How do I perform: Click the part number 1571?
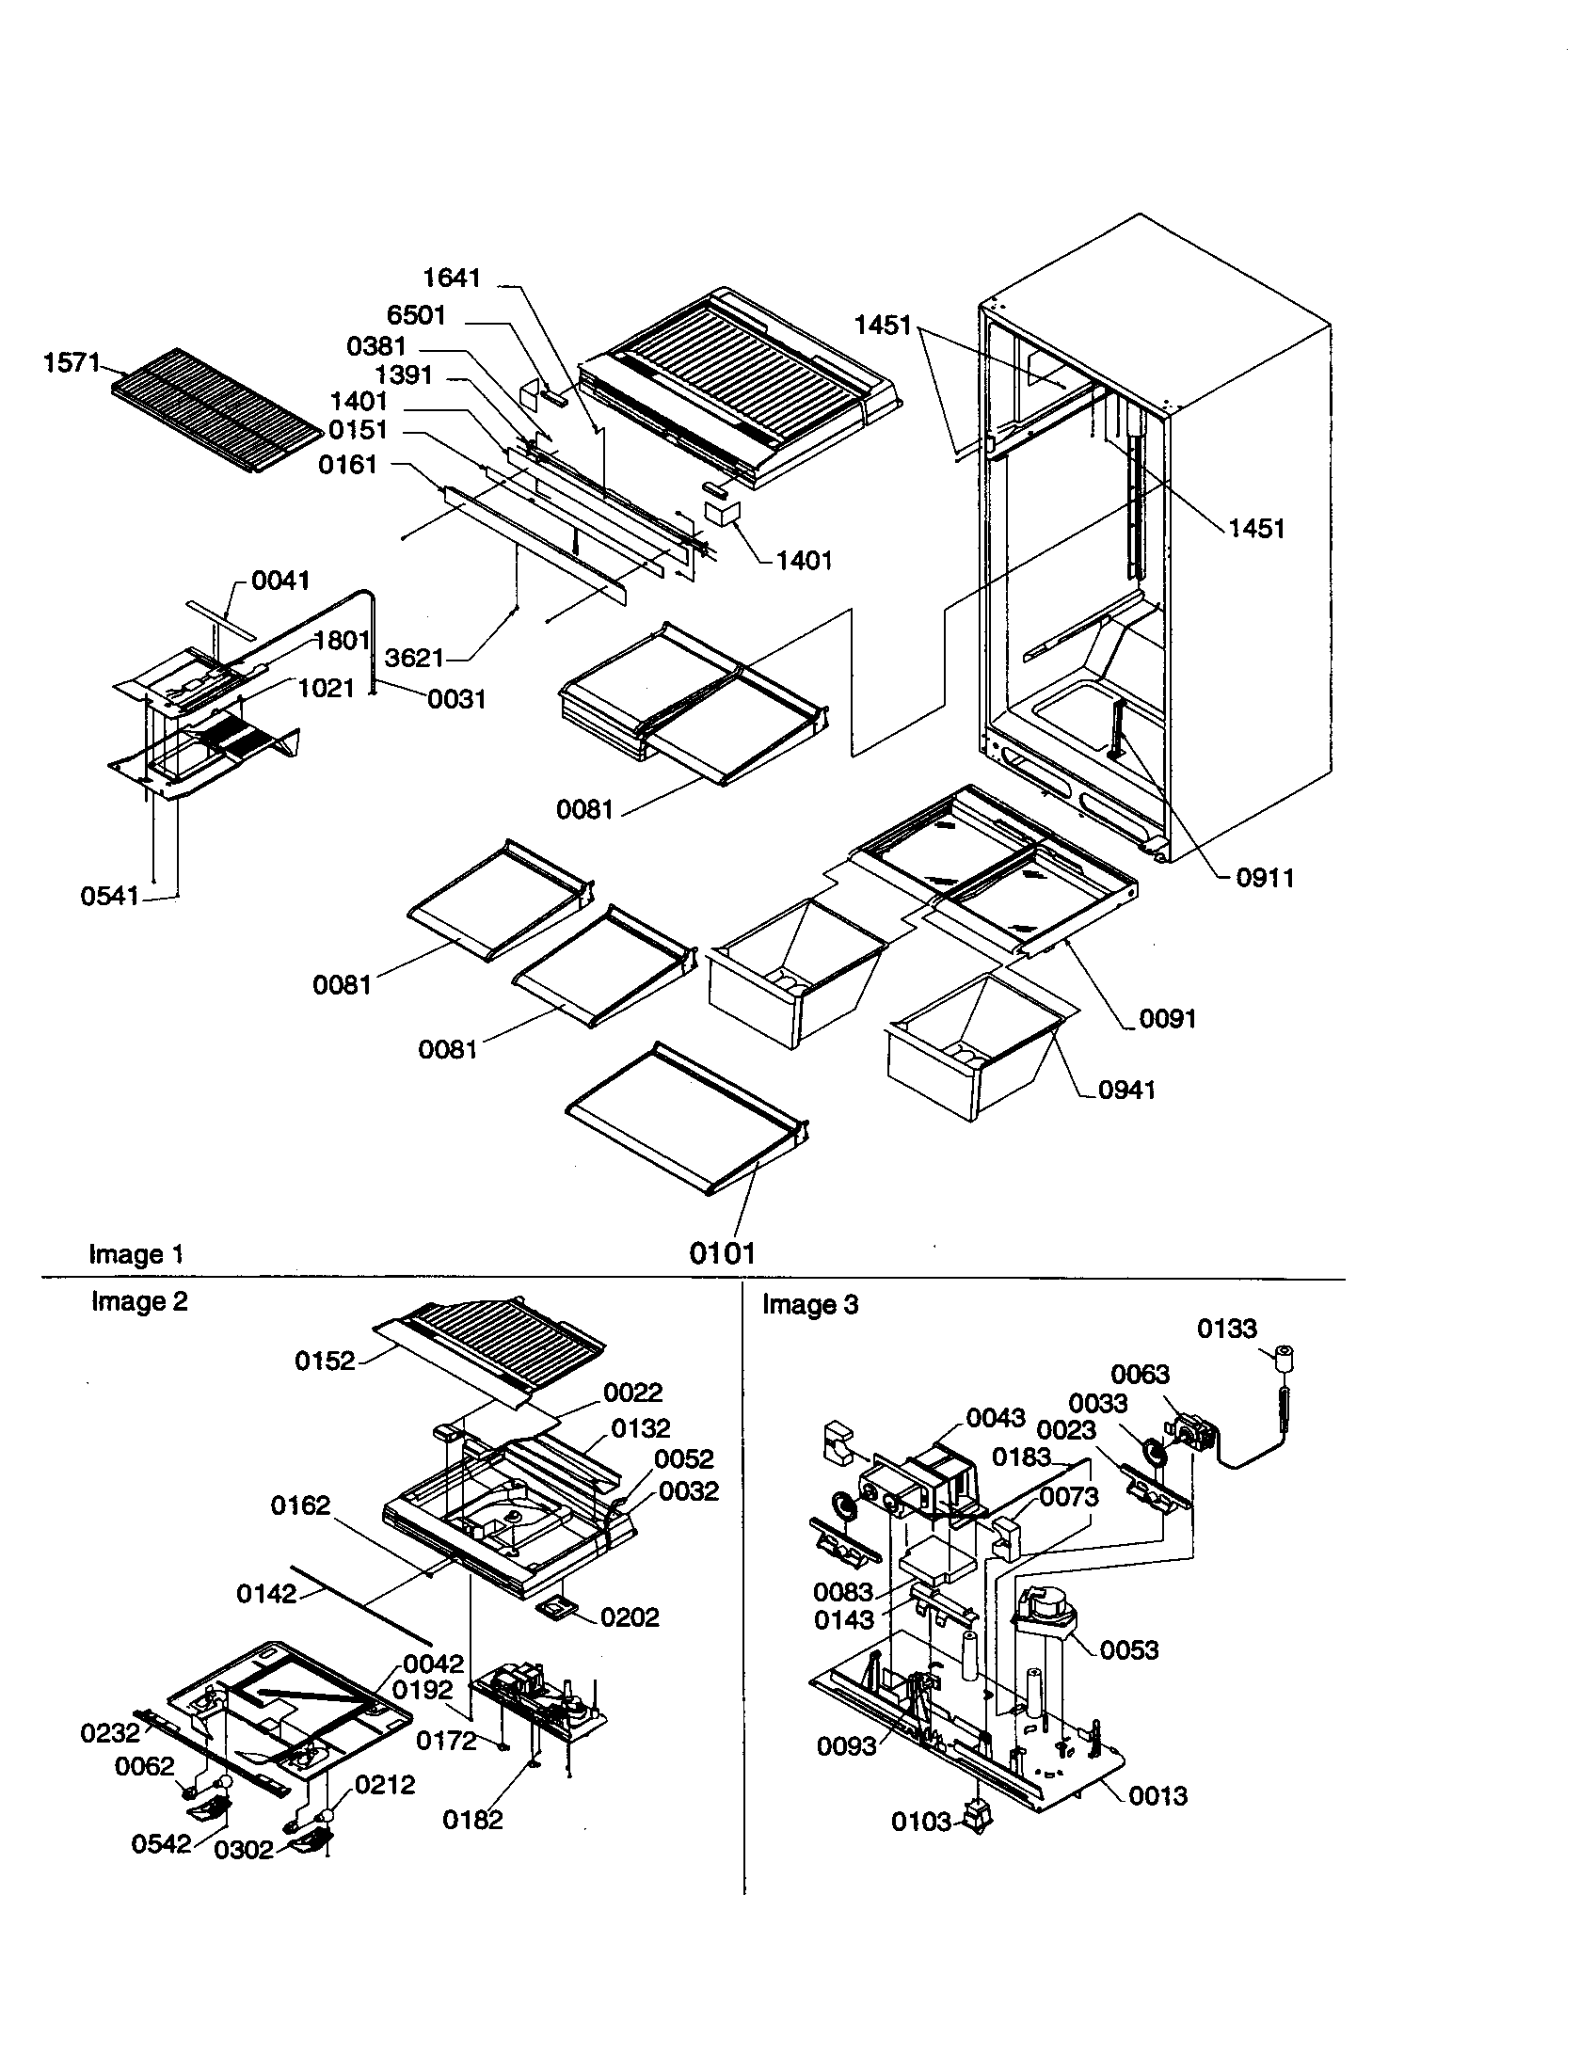pos(72,363)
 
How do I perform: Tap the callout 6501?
pos(416,315)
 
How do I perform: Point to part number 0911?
pos(1265,878)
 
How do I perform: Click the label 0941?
pos(1126,1090)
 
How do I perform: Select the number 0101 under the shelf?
pos(722,1253)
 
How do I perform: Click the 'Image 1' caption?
pos(136,1254)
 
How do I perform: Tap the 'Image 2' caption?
pos(139,1301)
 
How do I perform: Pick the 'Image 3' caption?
pos(810,1305)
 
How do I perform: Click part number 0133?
pos(1226,1329)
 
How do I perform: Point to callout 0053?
pos(1128,1650)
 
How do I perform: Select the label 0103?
pos(920,1822)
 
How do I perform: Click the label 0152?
pos(324,1361)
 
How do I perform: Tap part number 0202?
pos(630,1616)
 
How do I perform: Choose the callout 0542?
pos(161,1843)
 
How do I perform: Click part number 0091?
pos(1168,1019)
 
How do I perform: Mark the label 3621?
pos(415,658)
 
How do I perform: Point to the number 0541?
pos(110,896)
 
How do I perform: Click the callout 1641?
pos(451,278)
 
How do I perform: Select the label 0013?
pos(1157,1796)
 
